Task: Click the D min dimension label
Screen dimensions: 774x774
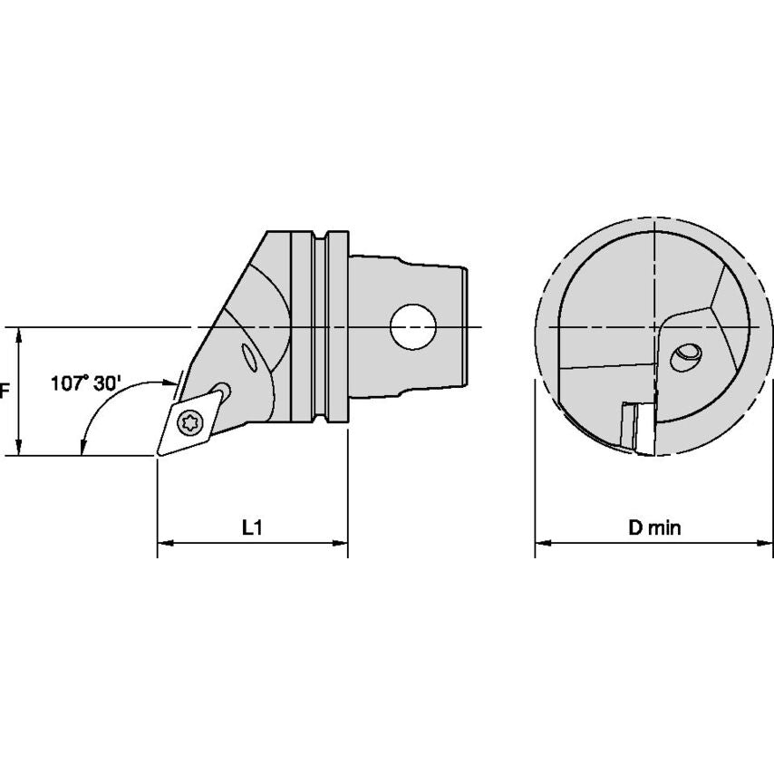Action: pos(654,527)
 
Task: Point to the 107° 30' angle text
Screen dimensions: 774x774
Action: pos(83,383)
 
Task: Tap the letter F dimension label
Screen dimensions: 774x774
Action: pos(5,391)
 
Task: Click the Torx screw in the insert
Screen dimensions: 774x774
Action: pos(191,421)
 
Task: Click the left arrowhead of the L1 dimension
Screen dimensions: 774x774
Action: pos(164,544)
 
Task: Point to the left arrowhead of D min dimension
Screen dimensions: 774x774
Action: pos(540,544)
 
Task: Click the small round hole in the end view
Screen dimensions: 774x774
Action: pos(686,356)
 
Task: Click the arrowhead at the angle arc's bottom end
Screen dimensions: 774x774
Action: pos(82,446)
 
